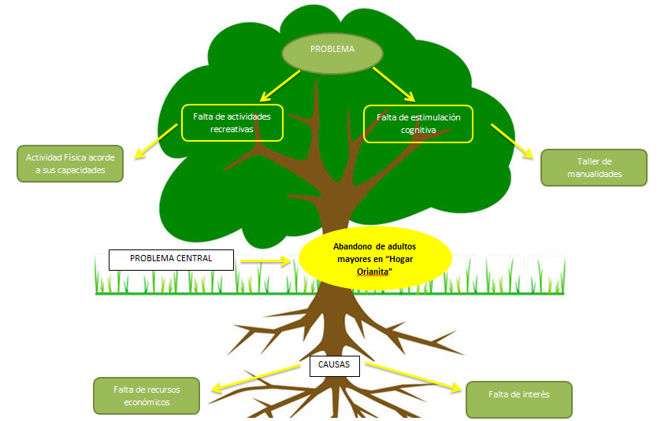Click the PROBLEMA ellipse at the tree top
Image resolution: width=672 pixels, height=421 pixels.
(x=332, y=52)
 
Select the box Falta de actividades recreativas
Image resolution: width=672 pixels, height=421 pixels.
(x=232, y=123)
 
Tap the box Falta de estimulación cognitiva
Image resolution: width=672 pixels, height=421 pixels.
(x=418, y=124)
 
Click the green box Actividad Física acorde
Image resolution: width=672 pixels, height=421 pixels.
(x=70, y=164)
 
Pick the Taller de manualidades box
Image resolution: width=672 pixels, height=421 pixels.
(x=593, y=168)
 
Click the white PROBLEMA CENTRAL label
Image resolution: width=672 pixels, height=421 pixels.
(x=171, y=259)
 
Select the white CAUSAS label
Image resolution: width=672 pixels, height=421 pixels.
(x=334, y=365)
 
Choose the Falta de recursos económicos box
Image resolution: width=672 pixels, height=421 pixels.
(x=147, y=395)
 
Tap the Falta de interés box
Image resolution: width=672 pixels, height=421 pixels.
(x=518, y=399)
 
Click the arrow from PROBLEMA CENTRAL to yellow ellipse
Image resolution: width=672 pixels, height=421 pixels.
(x=265, y=259)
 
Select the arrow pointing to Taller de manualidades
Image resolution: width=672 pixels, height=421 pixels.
(x=513, y=138)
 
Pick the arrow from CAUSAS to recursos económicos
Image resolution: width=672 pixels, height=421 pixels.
(x=251, y=377)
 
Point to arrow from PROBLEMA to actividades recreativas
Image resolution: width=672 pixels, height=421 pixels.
(x=280, y=86)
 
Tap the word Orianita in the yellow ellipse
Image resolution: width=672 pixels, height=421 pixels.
(x=362, y=271)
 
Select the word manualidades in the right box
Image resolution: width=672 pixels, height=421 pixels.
(x=593, y=174)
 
